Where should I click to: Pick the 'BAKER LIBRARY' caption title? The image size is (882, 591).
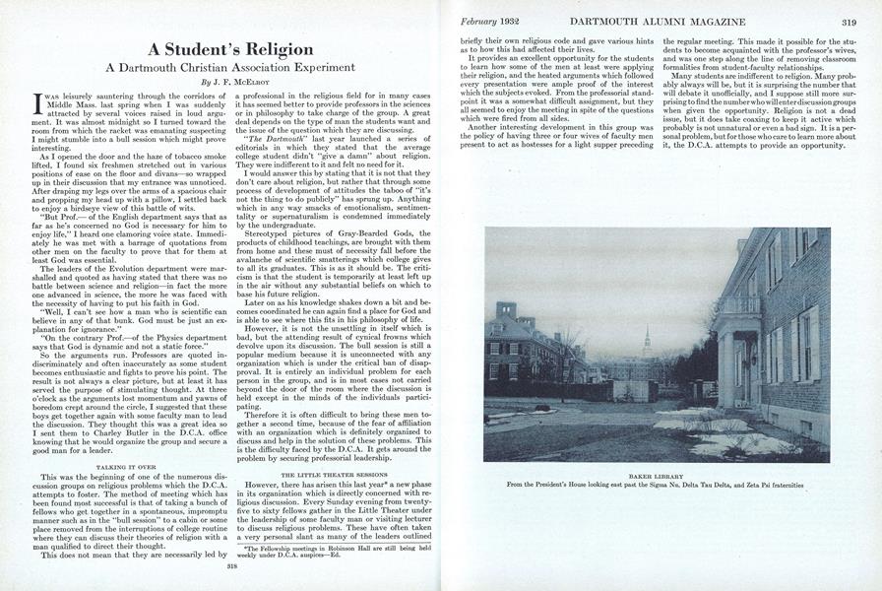656,473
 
